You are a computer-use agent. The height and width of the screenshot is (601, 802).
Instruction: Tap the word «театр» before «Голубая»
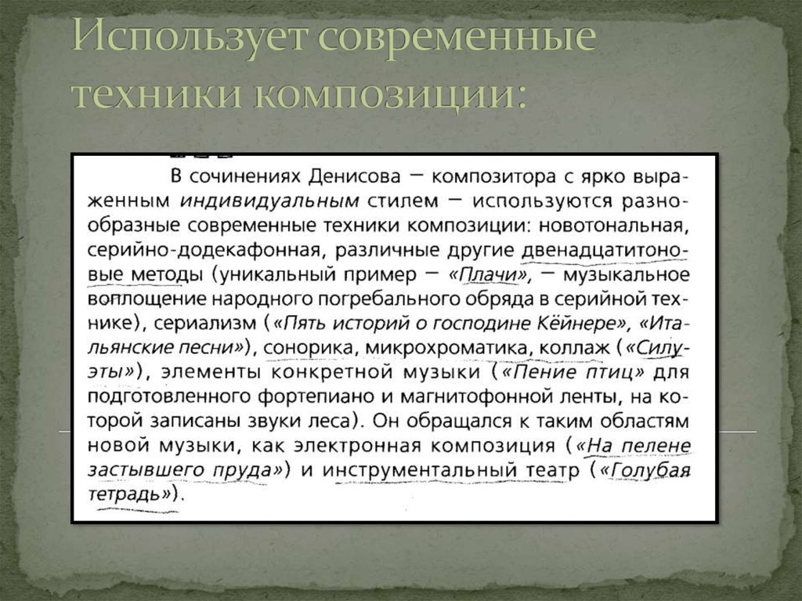point(551,471)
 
